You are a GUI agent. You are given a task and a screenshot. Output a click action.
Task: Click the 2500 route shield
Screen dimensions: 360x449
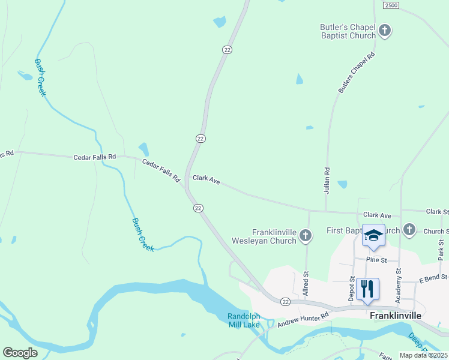click(x=391, y=5)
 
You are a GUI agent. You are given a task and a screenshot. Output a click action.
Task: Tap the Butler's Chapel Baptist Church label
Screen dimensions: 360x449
click(x=348, y=31)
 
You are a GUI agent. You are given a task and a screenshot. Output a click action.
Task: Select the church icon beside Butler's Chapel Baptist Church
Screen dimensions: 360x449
click(x=385, y=29)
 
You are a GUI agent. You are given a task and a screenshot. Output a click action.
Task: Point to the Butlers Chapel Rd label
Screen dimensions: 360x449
click(x=356, y=72)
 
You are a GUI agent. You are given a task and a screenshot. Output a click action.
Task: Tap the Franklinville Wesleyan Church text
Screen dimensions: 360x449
click(x=274, y=236)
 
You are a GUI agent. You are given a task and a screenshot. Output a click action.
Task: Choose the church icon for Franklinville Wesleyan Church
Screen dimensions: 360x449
click(x=306, y=236)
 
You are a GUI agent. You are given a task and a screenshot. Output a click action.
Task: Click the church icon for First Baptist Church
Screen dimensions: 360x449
click(x=409, y=229)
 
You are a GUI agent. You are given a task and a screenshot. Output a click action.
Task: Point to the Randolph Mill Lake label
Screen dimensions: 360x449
click(x=243, y=321)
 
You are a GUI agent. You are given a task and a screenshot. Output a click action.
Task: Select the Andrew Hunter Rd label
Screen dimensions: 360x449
click(x=303, y=319)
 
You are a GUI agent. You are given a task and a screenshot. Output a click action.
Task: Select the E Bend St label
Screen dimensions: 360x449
click(x=433, y=277)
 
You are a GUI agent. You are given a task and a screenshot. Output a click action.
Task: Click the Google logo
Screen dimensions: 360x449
click(x=20, y=352)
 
